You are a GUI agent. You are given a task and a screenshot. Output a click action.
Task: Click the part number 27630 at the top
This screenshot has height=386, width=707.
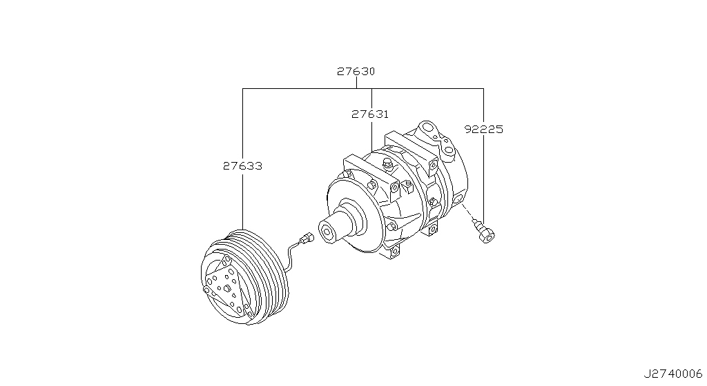(356, 71)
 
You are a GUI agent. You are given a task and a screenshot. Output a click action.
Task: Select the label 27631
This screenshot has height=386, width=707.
(370, 114)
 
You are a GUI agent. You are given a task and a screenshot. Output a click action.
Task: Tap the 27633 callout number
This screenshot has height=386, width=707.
(242, 165)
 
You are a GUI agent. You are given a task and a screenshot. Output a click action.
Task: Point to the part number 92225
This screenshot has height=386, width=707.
(483, 129)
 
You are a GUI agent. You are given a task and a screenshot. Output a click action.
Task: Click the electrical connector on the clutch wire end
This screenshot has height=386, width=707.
(306, 238)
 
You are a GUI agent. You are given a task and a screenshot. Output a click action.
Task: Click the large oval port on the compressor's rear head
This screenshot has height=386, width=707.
(429, 129)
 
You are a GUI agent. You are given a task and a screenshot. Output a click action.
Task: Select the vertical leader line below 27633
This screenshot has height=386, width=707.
(242, 200)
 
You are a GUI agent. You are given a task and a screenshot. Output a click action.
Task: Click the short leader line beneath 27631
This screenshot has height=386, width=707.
(372, 135)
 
